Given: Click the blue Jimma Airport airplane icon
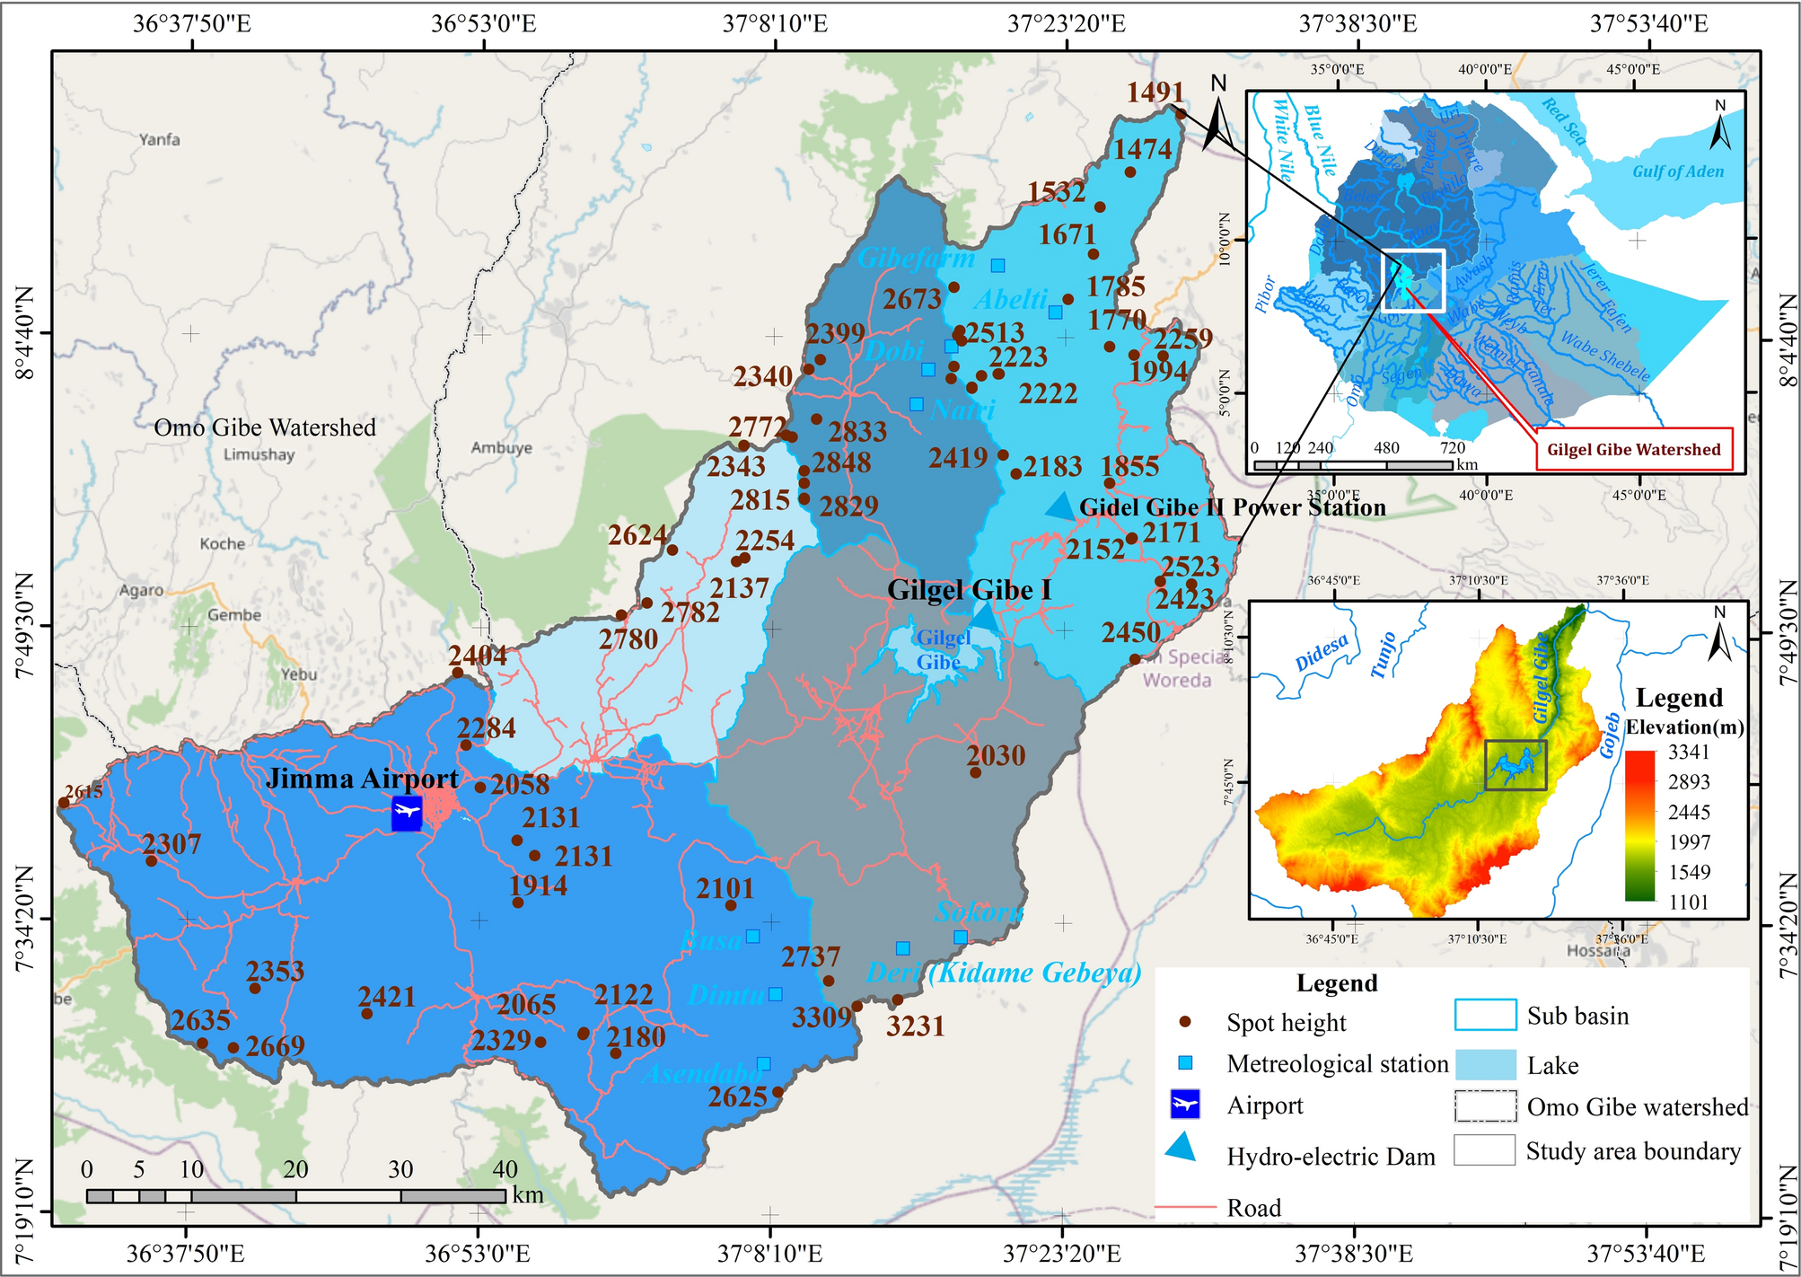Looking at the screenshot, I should click(407, 813).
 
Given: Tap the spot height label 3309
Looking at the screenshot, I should click(821, 1017).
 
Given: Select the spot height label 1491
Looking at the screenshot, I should click(1155, 92).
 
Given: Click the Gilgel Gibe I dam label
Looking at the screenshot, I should click(969, 590).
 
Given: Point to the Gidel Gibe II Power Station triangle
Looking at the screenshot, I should click(1060, 506).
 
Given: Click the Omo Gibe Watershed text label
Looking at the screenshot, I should click(265, 427).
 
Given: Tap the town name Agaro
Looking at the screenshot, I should click(142, 590).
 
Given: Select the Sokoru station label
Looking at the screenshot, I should click(978, 912).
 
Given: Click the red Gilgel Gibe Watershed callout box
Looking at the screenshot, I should click(1633, 450).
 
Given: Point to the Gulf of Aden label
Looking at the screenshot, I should click(1677, 172).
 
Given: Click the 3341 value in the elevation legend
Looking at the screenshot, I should click(1689, 753).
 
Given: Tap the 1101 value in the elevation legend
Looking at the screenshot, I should click(1689, 902).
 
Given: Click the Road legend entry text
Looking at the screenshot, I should click(1253, 1208).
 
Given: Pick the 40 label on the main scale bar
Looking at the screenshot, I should click(505, 1169).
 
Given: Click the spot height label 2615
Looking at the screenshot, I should click(83, 791).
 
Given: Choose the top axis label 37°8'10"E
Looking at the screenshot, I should click(775, 23).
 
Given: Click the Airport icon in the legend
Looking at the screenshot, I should click(1185, 1105).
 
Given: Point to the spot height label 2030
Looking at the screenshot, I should click(997, 755).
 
